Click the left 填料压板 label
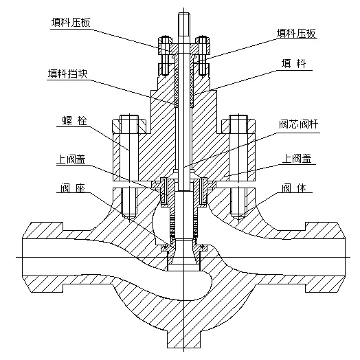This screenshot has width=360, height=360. click(71, 23)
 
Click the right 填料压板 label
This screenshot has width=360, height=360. click(296, 33)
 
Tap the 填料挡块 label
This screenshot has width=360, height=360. click(68, 74)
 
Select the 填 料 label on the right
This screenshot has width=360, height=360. click(294, 64)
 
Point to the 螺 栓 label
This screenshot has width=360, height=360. click(75, 121)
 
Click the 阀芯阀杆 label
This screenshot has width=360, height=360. click(299, 124)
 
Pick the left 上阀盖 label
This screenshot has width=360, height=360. click(71, 159)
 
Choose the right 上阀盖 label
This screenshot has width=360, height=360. click(297, 159)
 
